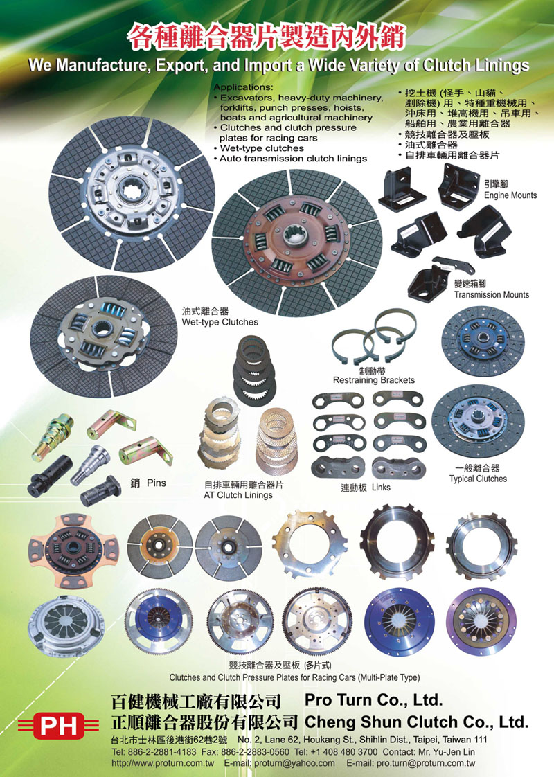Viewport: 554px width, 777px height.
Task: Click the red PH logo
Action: pyautogui.click(x=58, y=726)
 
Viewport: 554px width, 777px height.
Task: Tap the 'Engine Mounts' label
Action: pyautogui.click(x=510, y=195)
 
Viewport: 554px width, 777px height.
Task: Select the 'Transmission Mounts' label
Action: pyautogui.click(x=492, y=295)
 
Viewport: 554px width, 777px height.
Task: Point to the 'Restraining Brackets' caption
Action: pyautogui.click(x=374, y=380)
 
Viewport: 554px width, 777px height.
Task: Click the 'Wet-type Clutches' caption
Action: pyautogui.click(x=220, y=322)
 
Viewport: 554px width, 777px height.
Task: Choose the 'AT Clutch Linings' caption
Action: pyautogui.click(x=238, y=495)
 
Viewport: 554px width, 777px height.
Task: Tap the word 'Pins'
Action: pyautogui.click(x=156, y=483)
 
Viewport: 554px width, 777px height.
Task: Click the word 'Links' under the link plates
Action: pyautogui.click(x=381, y=488)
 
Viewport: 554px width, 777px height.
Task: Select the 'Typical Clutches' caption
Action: pyautogui.click(x=479, y=479)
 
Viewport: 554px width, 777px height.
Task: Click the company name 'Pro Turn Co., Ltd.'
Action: pyautogui.click(x=374, y=699)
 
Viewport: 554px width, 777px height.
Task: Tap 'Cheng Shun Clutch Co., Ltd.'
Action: pyautogui.click(x=416, y=722)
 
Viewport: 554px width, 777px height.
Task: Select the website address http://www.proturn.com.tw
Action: pyautogui.click(x=163, y=764)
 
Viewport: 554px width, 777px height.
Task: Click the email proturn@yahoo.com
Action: pyautogui.click(x=294, y=764)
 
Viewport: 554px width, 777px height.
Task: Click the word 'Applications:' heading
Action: pyautogui.click(x=243, y=87)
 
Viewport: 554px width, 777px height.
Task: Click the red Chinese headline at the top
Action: pyautogui.click(x=267, y=37)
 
